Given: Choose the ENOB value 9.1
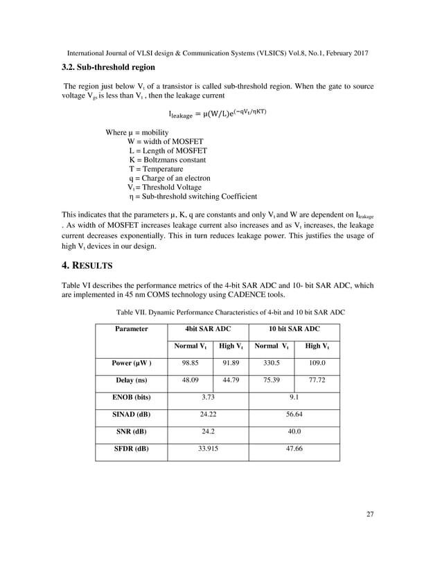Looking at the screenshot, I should [x=294, y=397].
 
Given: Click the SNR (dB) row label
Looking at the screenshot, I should [x=132, y=431].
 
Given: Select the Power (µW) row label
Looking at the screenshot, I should [x=132, y=363].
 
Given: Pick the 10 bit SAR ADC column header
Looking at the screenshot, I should [x=294, y=329].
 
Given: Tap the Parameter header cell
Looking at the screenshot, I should [x=132, y=329].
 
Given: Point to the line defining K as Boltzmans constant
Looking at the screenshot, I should [x=168, y=160].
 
